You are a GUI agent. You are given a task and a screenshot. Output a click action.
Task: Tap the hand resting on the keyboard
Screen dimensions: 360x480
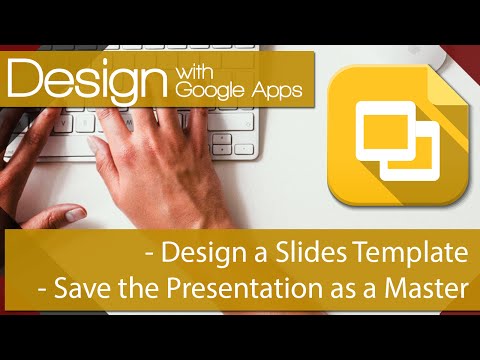[150, 140]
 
